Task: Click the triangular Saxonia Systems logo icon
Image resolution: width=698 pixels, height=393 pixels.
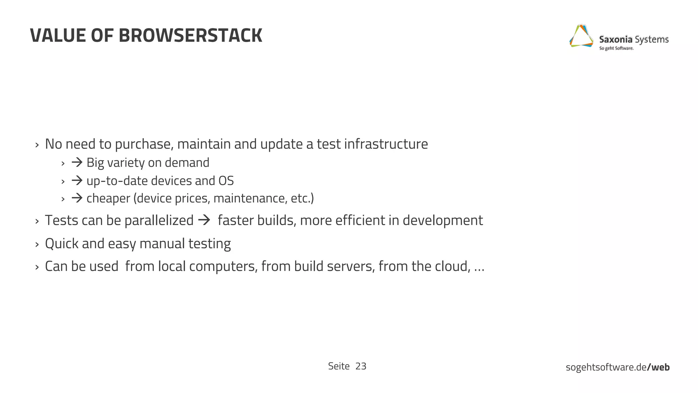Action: (581, 36)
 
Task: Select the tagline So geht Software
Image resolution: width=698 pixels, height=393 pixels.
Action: (616, 48)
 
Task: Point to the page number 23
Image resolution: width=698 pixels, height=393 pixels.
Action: (361, 366)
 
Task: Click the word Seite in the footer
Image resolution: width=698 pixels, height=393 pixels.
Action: (339, 366)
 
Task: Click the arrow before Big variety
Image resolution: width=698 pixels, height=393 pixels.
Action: (77, 162)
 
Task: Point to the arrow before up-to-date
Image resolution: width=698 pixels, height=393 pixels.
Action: (77, 180)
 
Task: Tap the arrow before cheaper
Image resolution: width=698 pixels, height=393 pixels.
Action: (77, 198)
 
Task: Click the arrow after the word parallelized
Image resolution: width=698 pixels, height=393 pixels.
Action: (204, 220)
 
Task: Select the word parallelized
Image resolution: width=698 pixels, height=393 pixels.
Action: (159, 220)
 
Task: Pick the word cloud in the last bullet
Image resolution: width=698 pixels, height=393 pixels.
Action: (452, 266)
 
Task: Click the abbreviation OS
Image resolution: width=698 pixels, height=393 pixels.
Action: (226, 180)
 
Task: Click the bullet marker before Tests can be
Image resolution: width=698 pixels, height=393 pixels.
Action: (37, 221)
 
